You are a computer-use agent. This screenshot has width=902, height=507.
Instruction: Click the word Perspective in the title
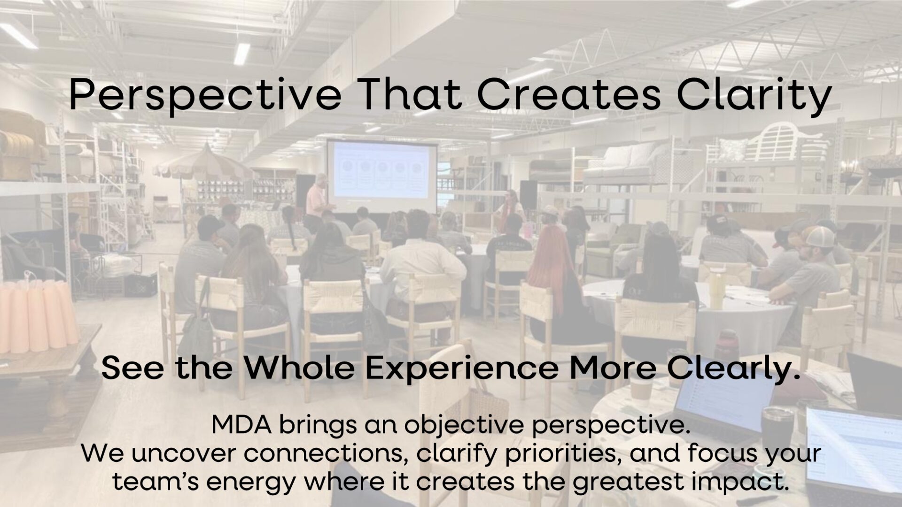[x=205, y=95]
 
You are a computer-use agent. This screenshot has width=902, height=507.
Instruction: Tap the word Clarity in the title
[x=754, y=95]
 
